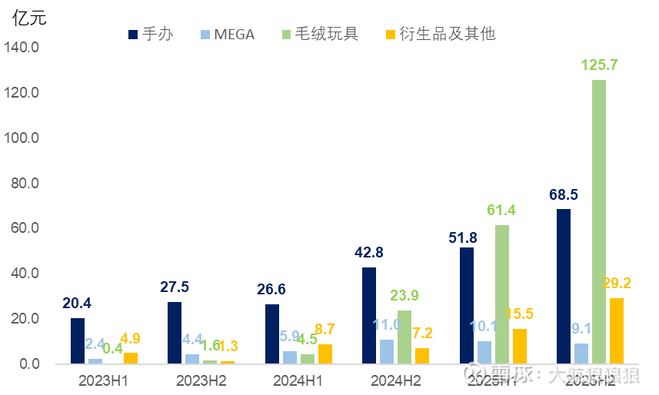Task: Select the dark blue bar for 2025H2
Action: (564, 286)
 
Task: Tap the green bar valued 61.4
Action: (502, 294)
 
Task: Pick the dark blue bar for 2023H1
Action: (78, 340)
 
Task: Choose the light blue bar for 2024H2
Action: (387, 351)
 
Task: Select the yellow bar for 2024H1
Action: (325, 354)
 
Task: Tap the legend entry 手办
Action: (151, 35)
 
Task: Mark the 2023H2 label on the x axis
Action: (202, 380)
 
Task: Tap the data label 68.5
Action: (564, 195)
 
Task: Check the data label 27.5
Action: (174, 287)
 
